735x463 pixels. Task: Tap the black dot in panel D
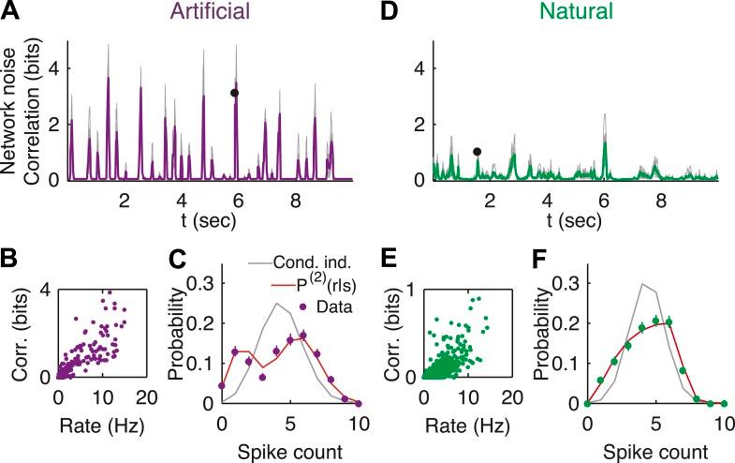[478, 151]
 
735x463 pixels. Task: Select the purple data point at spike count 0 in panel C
[221, 385]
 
